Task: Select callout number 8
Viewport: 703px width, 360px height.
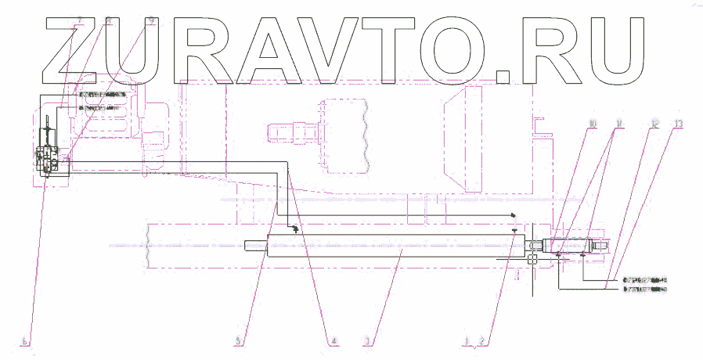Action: (110, 21)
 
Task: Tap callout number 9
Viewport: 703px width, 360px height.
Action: (152, 21)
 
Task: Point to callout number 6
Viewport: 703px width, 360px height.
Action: (27, 342)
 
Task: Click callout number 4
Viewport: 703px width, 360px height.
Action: (334, 341)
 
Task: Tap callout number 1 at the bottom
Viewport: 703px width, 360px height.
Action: (467, 342)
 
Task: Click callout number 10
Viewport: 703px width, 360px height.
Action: (593, 124)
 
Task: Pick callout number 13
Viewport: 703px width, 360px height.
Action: (678, 124)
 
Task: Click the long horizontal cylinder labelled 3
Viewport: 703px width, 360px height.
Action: (391, 247)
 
